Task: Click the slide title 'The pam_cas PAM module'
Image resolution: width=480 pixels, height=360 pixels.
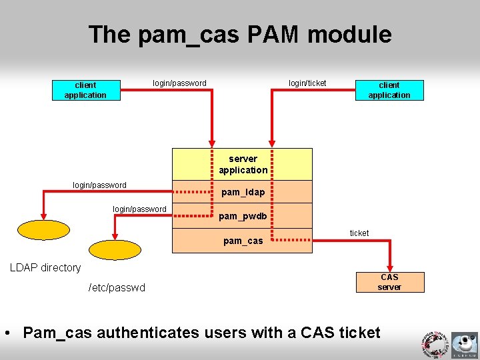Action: click(x=240, y=35)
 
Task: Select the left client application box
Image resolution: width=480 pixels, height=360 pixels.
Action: click(x=85, y=90)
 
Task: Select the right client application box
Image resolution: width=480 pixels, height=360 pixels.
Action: click(x=389, y=90)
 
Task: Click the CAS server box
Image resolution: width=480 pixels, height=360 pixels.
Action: click(x=389, y=282)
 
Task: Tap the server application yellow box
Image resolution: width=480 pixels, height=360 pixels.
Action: click(x=243, y=164)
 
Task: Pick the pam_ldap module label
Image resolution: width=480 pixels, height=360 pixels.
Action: click(x=243, y=192)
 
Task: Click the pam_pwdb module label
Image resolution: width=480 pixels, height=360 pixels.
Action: click(x=243, y=216)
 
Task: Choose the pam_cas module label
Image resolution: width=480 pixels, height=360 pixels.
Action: click(x=243, y=241)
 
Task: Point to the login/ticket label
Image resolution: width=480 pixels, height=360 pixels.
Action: click(x=307, y=83)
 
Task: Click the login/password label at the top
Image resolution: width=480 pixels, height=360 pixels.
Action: click(x=179, y=83)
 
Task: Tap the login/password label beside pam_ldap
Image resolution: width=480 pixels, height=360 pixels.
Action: click(x=99, y=185)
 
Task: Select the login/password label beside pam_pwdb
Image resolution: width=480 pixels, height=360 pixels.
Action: click(x=139, y=209)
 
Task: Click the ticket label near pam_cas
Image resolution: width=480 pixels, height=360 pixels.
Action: click(x=359, y=233)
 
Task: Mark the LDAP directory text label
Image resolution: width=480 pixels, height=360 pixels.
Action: click(x=45, y=267)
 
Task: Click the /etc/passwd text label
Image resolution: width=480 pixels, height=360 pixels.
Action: click(x=117, y=287)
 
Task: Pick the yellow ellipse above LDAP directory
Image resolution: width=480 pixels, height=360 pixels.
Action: click(x=43, y=229)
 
